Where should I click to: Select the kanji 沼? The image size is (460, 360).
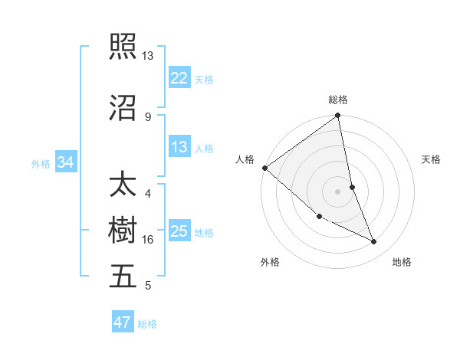[123, 108]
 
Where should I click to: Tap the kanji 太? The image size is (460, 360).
[123, 186]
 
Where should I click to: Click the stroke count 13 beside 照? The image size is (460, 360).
[147, 56]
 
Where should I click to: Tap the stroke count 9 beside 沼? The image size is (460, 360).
[147, 116]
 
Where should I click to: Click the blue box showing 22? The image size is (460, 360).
[179, 78]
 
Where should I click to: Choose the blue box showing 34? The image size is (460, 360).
[66, 162]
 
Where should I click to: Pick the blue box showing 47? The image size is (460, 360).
[123, 322]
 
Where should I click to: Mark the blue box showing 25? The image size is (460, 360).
[179, 232]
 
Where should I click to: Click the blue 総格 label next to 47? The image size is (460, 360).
[147, 324]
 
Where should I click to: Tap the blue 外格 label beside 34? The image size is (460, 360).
[41, 163]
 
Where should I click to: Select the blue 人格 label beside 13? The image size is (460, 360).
[204, 148]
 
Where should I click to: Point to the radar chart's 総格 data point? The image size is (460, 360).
[338, 116]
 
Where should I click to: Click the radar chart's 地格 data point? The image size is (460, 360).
[374, 242]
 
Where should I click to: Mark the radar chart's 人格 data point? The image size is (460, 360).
[264, 168]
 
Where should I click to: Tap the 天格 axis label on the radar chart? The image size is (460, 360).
[432, 159]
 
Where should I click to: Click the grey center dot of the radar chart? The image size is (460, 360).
[338, 191]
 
